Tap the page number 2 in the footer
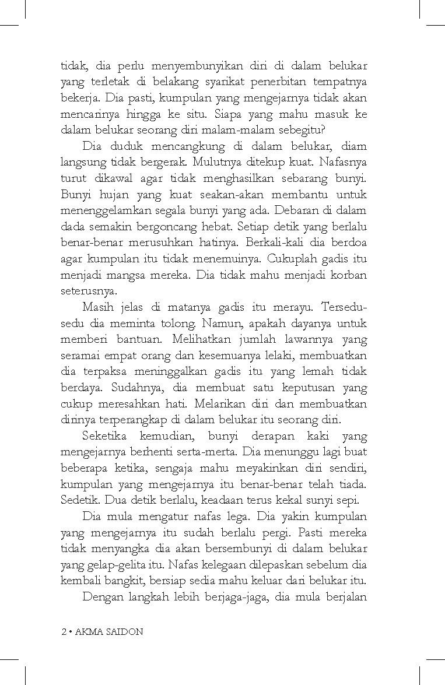(x=64, y=633)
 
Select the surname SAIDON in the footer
(x=124, y=633)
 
